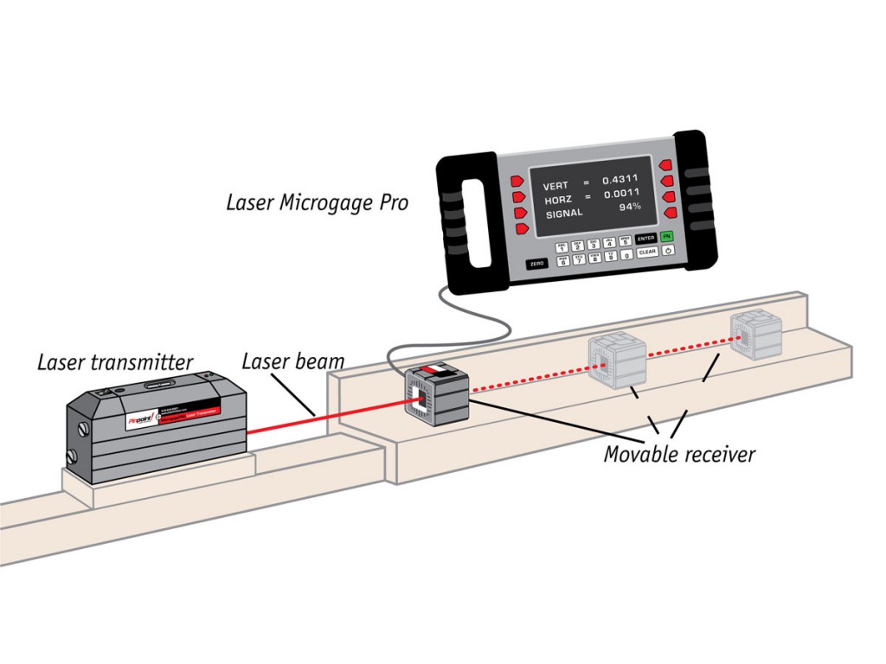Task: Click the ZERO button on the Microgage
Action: (x=537, y=263)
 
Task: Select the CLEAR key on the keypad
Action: (x=647, y=252)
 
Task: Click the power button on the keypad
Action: (x=669, y=251)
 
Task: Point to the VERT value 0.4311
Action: (x=620, y=179)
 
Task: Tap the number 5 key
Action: (x=625, y=243)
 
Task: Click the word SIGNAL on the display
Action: (x=562, y=213)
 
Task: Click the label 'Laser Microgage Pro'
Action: (x=317, y=203)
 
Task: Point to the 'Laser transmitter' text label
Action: (x=115, y=361)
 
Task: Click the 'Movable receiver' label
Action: (x=679, y=453)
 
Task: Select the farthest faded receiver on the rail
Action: (x=755, y=335)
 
